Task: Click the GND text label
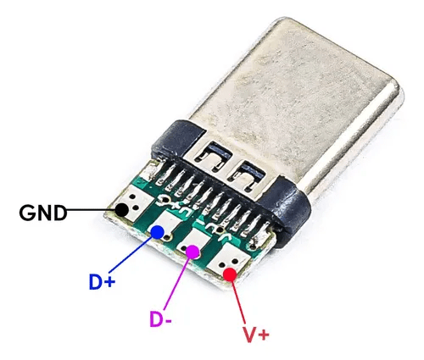click(43, 213)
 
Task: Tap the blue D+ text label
click(102, 281)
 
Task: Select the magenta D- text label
click(160, 318)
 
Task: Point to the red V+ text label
click(256, 335)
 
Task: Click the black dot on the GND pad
click(122, 210)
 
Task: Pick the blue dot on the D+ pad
click(158, 232)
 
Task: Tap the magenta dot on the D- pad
click(192, 252)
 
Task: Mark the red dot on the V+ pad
click(230, 274)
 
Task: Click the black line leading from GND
click(91, 210)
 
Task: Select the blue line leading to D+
click(130, 256)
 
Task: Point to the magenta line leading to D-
click(176, 284)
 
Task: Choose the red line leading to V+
click(239, 302)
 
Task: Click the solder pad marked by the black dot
click(133, 202)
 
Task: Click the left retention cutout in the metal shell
click(215, 156)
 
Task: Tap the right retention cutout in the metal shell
click(248, 175)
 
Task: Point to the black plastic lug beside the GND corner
click(176, 138)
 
